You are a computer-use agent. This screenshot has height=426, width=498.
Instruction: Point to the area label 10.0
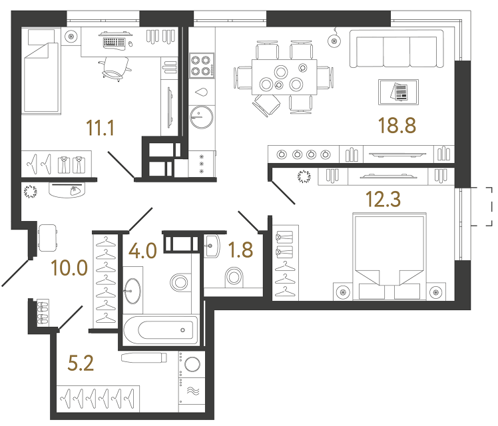tap(69, 268)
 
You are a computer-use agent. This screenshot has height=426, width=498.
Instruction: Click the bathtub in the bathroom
tap(160, 329)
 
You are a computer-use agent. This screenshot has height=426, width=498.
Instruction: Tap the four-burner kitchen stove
tap(200, 65)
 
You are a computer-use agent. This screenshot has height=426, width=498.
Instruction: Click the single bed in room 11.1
tap(41, 75)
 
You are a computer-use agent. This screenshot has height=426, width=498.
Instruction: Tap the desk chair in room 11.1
tap(115, 65)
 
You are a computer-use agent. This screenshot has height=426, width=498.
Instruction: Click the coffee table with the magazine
tap(398, 91)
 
